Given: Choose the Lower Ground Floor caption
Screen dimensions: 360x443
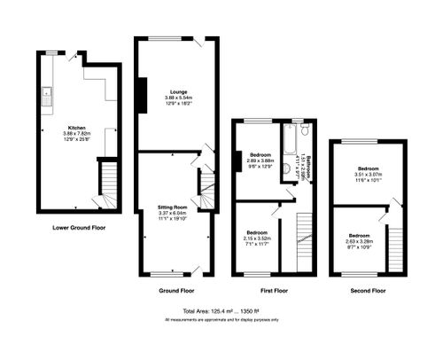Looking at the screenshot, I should click(x=79, y=228).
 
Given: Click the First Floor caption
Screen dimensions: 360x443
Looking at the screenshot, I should click(x=275, y=290).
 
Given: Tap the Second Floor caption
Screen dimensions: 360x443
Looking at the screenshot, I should click(x=367, y=290).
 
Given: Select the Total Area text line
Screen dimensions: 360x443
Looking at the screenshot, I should click(x=221, y=311).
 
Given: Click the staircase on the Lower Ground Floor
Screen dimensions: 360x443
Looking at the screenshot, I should click(x=106, y=185).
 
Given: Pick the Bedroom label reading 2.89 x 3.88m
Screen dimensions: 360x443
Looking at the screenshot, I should click(x=262, y=160).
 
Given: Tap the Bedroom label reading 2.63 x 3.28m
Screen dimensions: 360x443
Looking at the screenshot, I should click(x=359, y=240).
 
